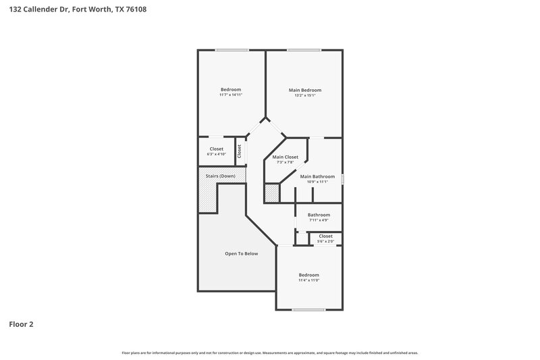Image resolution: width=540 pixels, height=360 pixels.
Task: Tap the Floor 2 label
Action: [21, 324]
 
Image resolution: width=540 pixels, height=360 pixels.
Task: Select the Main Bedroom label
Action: [305, 90]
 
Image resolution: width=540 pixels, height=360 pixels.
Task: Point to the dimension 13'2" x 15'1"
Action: [305, 95]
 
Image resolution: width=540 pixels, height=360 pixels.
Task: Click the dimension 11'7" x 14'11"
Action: [231, 95]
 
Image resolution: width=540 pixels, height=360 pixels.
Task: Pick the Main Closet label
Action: [286, 157]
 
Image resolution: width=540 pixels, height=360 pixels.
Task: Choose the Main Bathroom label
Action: [317, 176]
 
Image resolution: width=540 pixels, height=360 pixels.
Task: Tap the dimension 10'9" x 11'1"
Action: [317, 182]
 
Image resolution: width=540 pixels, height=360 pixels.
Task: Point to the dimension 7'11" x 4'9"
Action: [319, 220]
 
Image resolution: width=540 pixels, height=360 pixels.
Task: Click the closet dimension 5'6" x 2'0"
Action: [325, 241]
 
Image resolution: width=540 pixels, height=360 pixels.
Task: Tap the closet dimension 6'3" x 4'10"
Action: [217, 155]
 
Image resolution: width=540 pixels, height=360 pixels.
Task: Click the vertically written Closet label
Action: [239, 151]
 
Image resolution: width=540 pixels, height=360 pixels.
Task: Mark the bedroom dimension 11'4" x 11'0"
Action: [309, 280]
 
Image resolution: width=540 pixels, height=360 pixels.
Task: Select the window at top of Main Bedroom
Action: [304, 50]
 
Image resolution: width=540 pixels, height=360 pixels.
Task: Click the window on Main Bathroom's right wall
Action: [343, 179]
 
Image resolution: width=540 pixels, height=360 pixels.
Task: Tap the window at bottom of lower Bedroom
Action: [309, 310]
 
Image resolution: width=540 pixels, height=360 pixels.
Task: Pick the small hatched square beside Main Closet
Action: [271, 194]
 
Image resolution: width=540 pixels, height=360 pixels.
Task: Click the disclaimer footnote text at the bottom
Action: [270, 353]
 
